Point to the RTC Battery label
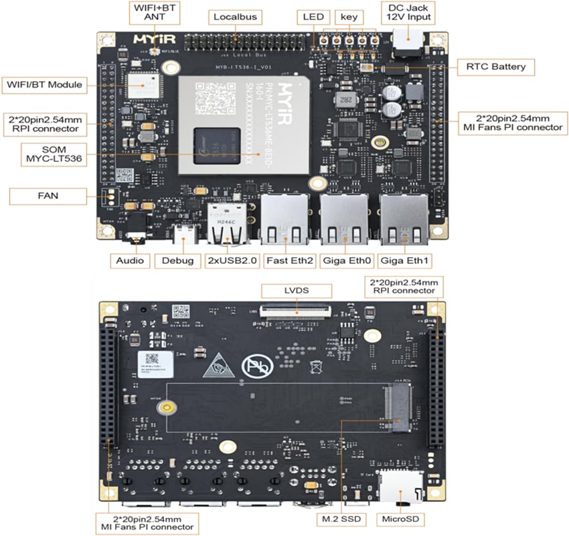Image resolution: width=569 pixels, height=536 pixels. click(495, 66)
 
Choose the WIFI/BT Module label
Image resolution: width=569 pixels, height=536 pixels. click(44, 84)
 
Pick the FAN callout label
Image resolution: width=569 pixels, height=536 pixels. click(48, 196)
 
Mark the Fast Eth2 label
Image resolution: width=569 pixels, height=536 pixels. click(289, 261)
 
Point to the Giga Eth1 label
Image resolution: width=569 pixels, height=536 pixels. click(404, 261)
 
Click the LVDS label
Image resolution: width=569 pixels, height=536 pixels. click(295, 290)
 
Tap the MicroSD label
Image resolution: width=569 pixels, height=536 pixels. click(402, 519)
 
